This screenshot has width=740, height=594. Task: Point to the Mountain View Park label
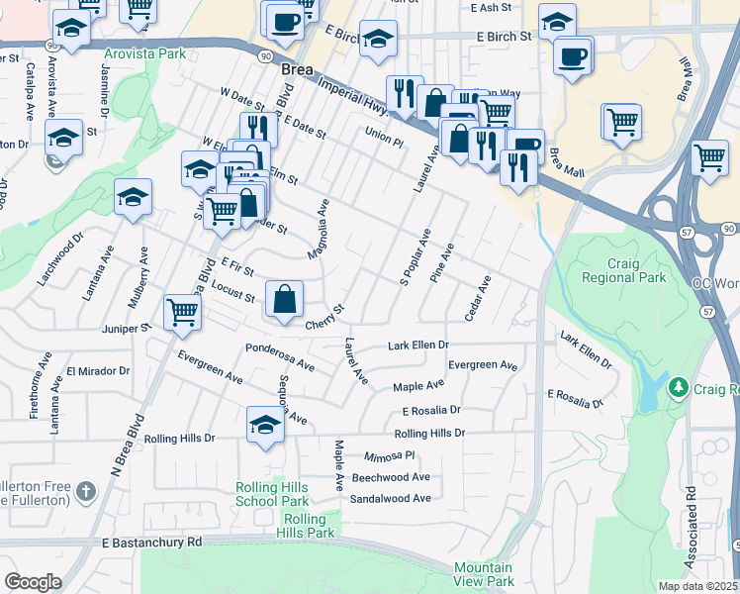(484, 574)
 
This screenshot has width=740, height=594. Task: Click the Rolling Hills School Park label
(271, 494)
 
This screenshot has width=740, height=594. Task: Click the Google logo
(33, 582)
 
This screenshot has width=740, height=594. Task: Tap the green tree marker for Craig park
(678, 385)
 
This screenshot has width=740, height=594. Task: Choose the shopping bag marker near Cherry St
(284, 298)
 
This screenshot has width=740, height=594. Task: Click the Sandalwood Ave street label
(390, 498)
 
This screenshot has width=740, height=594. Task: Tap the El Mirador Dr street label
(97, 372)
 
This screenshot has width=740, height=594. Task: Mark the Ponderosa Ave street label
(280, 357)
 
